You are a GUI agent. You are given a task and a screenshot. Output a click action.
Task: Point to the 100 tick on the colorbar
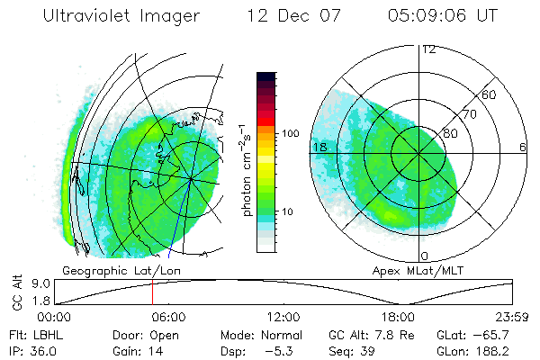291,132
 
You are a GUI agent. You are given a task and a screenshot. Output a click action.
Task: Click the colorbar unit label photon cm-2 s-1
246,171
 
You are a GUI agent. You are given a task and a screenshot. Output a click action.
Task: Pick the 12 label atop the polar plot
428,49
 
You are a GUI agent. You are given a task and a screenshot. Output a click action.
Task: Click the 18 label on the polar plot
318,147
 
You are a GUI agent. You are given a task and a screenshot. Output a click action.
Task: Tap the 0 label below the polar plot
425,256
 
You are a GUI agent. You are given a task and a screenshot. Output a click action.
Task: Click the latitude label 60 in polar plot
490,94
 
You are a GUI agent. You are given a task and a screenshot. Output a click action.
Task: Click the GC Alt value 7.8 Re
383,334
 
